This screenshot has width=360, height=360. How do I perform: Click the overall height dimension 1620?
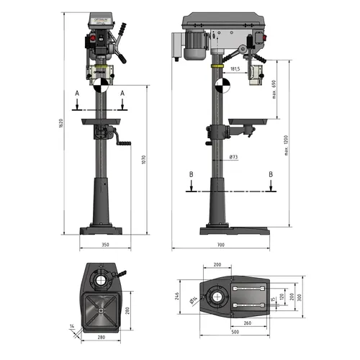[x=61, y=123]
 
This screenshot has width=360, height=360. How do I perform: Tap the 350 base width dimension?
[x=105, y=245]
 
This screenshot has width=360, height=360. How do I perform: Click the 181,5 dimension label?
[x=234, y=69]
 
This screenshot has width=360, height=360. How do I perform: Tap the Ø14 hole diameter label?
[x=194, y=300]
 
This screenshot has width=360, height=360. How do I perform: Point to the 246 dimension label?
[x=177, y=295]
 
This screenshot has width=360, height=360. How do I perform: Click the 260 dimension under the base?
[x=247, y=324]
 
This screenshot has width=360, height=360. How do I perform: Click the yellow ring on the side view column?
[x=217, y=66]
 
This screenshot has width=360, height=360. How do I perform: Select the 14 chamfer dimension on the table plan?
[x=72, y=326]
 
